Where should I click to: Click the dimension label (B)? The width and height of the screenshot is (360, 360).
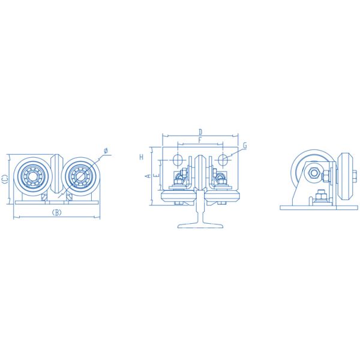click(x=56, y=212)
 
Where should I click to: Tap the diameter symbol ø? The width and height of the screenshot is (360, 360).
click(x=106, y=151)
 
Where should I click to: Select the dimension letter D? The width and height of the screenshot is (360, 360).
click(x=200, y=132)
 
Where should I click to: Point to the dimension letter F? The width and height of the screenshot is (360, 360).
click(x=200, y=140)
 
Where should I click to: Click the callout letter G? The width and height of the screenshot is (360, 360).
click(x=245, y=146)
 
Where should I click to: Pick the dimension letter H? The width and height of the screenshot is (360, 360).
click(x=142, y=157)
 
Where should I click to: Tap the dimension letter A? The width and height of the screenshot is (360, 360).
click(x=148, y=176)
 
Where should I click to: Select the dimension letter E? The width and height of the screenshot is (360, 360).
click(x=157, y=176)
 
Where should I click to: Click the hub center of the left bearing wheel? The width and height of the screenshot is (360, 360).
click(x=32, y=177)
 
